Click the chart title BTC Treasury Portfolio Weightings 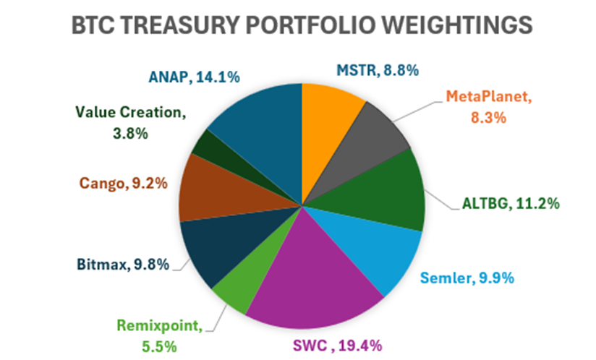point(302,26)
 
